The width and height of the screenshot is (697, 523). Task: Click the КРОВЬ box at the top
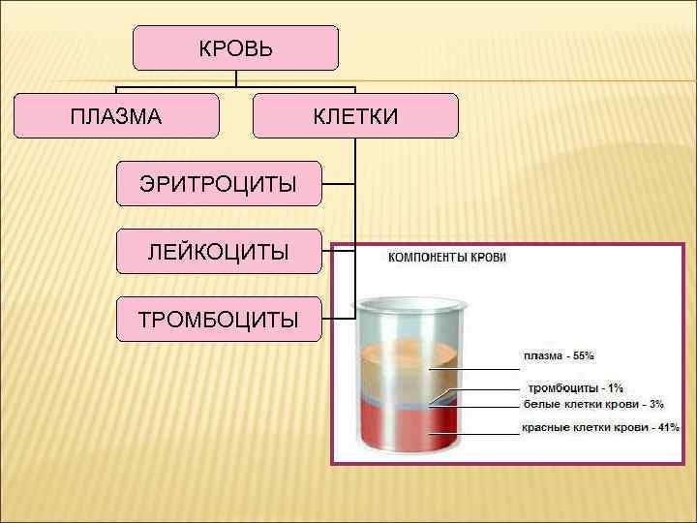(x=235, y=48)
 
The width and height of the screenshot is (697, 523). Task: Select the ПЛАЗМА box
(x=116, y=116)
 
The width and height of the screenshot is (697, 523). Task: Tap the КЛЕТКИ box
(x=355, y=116)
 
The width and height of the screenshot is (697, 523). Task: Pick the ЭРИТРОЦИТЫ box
(x=218, y=184)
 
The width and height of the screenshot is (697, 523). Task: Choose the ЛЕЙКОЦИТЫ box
(x=218, y=252)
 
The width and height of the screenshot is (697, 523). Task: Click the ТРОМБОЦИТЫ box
(x=218, y=320)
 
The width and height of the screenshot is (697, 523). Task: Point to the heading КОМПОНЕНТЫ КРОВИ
(x=447, y=258)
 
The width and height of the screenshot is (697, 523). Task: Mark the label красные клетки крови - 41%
(x=600, y=427)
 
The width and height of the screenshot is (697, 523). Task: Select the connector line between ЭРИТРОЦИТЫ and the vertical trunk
(x=338, y=184)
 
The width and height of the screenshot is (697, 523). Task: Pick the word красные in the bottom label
(x=544, y=427)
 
